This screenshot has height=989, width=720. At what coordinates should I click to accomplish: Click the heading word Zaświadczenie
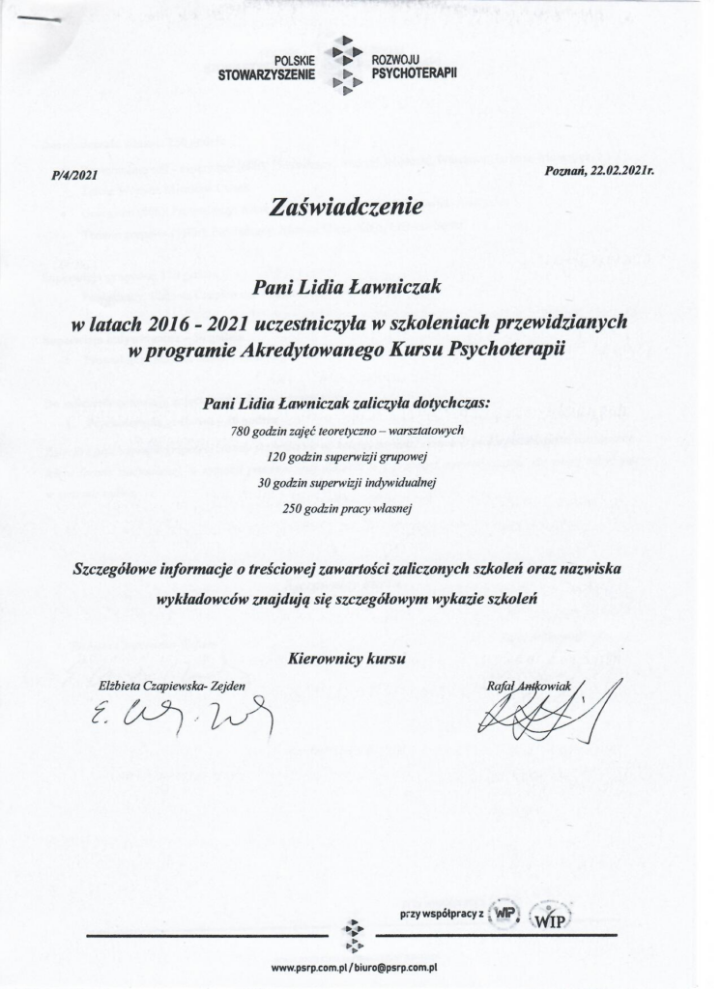[x=349, y=206]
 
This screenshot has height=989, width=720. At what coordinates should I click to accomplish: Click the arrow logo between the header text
[x=345, y=67]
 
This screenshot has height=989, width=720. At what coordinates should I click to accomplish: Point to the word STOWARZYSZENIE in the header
[x=267, y=73]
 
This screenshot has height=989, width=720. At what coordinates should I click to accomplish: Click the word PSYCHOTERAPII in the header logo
[x=414, y=73]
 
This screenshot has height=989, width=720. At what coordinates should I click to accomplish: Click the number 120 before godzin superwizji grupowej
[x=276, y=454]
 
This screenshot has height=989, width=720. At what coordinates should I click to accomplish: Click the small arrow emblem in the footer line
[x=355, y=934]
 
